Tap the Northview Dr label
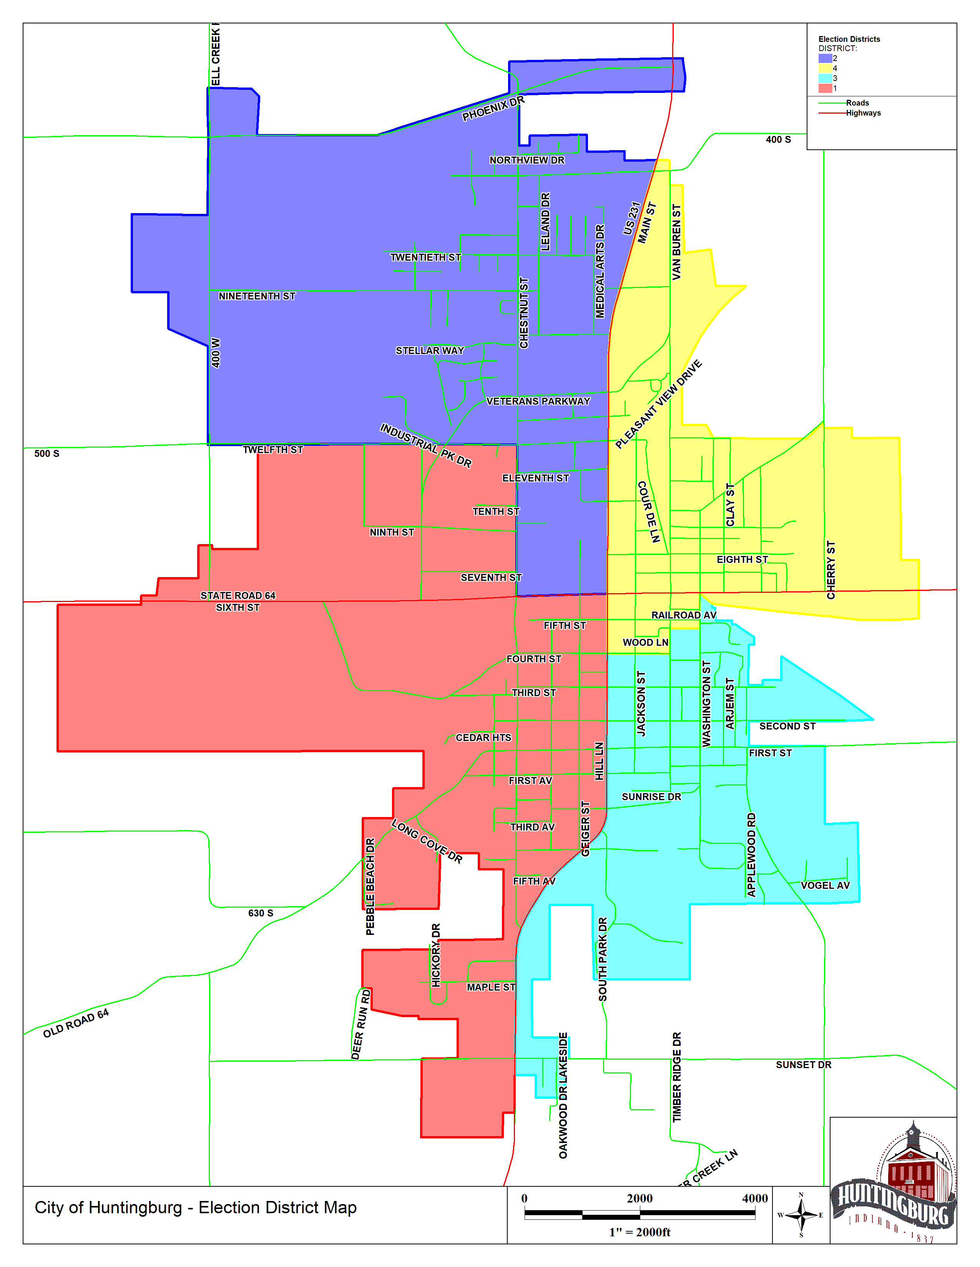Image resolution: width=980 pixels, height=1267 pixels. point(527,160)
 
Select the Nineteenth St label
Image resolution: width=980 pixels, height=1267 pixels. point(257,296)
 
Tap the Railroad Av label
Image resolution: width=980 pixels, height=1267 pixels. point(683,615)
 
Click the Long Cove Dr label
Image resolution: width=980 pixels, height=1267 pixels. point(427,841)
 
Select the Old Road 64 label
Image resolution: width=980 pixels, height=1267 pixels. point(75,1023)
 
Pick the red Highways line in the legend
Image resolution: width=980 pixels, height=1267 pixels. point(831,113)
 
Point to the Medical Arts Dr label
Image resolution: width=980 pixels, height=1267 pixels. point(600,271)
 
